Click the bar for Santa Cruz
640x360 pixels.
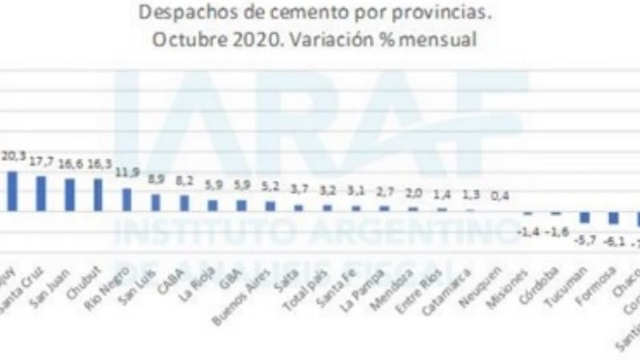coord(41,193)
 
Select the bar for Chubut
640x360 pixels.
coord(98,194)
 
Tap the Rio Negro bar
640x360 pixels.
coord(126,199)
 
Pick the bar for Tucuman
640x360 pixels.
coord(585,218)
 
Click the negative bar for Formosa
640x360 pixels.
coord(614,218)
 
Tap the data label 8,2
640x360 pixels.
coord(185,181)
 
